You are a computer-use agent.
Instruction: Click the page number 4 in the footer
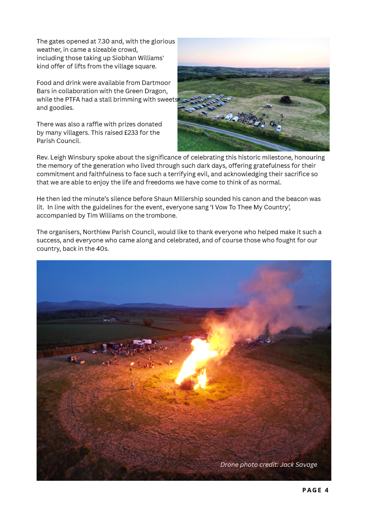point(327,490)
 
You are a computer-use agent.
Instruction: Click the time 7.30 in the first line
point(103,41)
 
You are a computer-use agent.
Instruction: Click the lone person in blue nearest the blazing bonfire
point(132,384)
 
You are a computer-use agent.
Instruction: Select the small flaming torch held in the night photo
point(132,364)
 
